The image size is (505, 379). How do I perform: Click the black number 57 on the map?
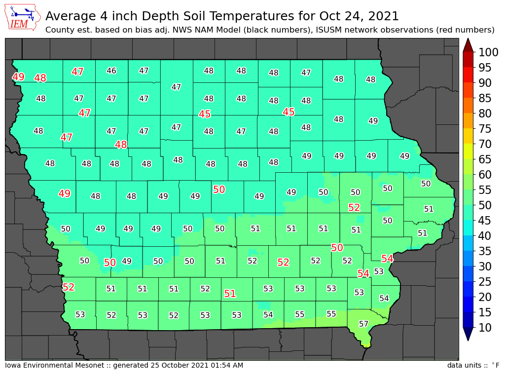coord(363,324)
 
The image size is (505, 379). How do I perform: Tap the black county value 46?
coord(111,71)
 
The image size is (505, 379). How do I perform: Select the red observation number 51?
coord(230,294)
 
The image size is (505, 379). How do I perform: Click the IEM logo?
coord(23,18)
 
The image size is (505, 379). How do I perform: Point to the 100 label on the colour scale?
coord(485,52)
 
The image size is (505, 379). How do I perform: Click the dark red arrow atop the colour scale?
coord(469,44)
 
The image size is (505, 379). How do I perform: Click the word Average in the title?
coord(69,16)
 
